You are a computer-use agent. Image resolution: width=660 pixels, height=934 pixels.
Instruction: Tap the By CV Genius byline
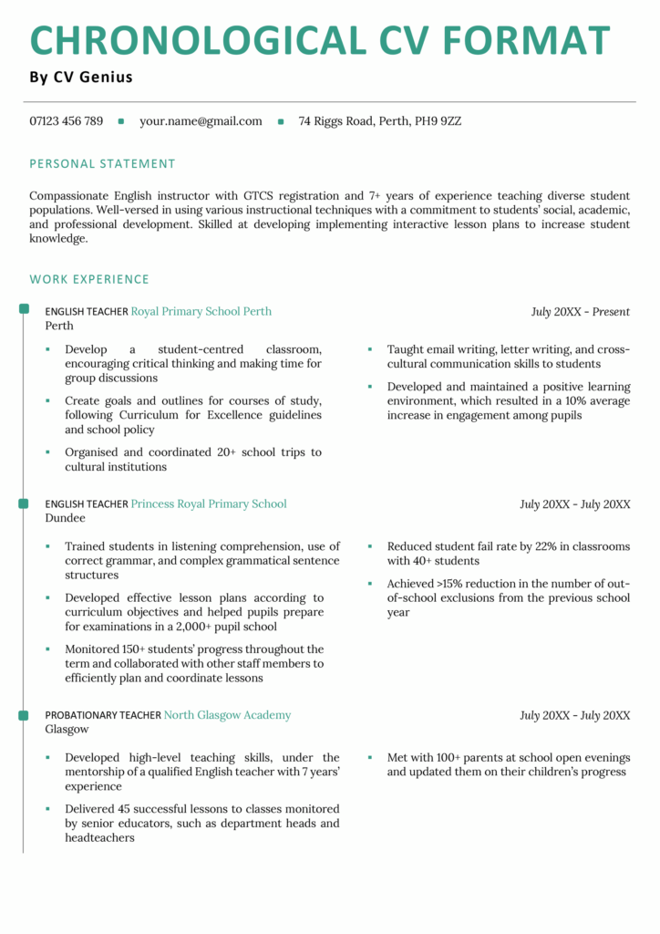tap(81, 78)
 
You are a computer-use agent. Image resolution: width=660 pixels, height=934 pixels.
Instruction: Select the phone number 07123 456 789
tap(66, 120)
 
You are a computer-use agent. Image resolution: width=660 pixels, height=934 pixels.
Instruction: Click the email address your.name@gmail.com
tap(201, 120)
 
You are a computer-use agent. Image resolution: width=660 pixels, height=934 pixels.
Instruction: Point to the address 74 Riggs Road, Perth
tap(379, 120)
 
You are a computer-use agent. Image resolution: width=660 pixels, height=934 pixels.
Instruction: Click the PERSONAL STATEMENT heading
tap(102, 164)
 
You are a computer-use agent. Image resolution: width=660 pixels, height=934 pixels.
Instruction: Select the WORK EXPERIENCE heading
tap(89, 279)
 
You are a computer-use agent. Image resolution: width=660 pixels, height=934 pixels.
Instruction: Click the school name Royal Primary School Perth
tap(201, 311)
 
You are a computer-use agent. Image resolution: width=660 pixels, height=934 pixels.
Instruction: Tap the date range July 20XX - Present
tap(580, 312)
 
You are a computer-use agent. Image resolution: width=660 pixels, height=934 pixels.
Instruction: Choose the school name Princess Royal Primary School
tap(209, 503)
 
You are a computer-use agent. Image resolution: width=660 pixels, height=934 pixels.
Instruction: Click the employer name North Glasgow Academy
tap(227, 715)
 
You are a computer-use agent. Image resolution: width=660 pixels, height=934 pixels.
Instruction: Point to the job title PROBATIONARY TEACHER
tap(102, 716)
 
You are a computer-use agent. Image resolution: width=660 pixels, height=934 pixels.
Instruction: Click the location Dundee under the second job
tap(65, 518)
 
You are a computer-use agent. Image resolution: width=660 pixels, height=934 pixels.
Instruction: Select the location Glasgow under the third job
tap(67, 730)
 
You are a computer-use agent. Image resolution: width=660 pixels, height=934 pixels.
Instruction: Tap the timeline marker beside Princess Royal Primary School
tap(24, 503)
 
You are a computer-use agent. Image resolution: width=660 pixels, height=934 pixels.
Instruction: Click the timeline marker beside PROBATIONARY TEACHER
tap(24, 715)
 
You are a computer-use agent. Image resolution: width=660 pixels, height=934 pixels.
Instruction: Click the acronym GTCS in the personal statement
tap(261, 195)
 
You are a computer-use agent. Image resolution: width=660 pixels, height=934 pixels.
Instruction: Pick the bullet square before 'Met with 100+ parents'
tap(370, 758)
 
